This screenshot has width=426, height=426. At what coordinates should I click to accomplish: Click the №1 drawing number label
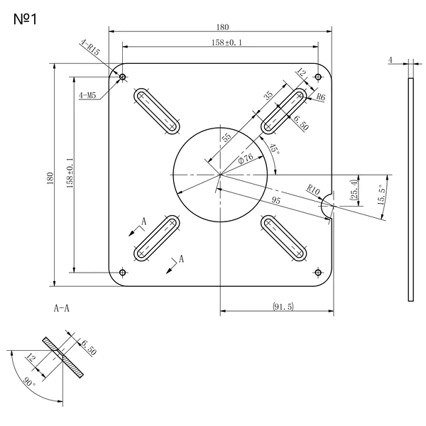coord(25,20)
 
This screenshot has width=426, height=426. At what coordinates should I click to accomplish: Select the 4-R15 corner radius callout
coord(90,48)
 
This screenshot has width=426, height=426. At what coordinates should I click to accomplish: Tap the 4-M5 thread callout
coord(87,95)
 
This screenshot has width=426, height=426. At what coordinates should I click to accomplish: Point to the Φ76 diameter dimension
coord(246,158)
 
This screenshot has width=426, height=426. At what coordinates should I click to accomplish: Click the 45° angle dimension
coord(274,149)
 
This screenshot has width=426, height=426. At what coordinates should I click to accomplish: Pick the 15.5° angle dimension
coord(382,195)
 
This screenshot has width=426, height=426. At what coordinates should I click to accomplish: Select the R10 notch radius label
coord(313,190)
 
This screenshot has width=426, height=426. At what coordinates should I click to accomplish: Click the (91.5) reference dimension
coord(283,307)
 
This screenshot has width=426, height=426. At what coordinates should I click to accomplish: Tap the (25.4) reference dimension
coord(354,190)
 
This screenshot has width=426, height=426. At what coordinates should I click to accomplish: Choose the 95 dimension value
coord(275,200)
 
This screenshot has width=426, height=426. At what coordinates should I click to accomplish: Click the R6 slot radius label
coord(321,97)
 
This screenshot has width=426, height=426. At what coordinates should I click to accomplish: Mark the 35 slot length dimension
coord(268,95)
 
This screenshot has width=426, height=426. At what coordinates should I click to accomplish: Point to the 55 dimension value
coord(226,137)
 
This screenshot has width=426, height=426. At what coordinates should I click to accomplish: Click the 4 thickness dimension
coord(390,60)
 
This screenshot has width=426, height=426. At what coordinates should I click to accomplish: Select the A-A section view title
coord(62,308)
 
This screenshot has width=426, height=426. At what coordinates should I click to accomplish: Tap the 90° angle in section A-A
coord(29,381)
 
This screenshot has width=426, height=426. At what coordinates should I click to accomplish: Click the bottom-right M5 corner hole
coord(318,272)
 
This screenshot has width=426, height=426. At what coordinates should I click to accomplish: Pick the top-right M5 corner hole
coord(318,77)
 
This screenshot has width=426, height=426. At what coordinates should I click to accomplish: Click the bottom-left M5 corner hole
coord(123,272)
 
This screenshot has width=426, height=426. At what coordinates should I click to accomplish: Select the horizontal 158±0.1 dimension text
coord(226,43)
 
